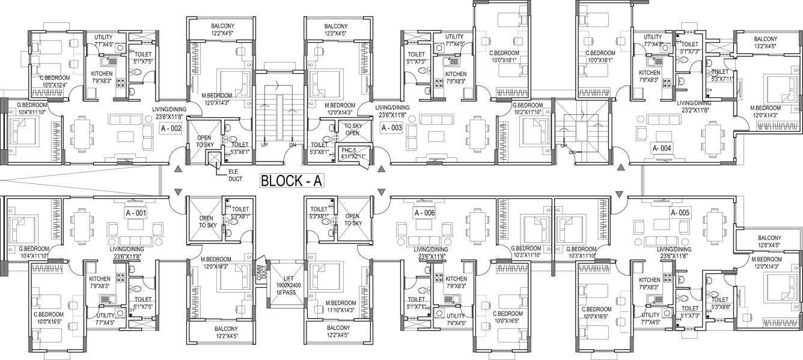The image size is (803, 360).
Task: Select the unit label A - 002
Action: [x=171, y=129]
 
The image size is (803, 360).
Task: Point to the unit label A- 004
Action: [x=665, y=148]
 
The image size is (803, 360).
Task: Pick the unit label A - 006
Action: [x=424, y=213]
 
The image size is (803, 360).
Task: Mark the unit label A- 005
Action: [x=682, y=213]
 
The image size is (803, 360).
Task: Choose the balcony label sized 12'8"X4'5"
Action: [x=769, y=242]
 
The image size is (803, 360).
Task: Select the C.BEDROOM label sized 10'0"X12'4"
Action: [x=55, y=81]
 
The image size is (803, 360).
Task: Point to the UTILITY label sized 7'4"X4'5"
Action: [x=455, y=319]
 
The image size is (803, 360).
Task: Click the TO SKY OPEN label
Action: [x=352, y=129]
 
